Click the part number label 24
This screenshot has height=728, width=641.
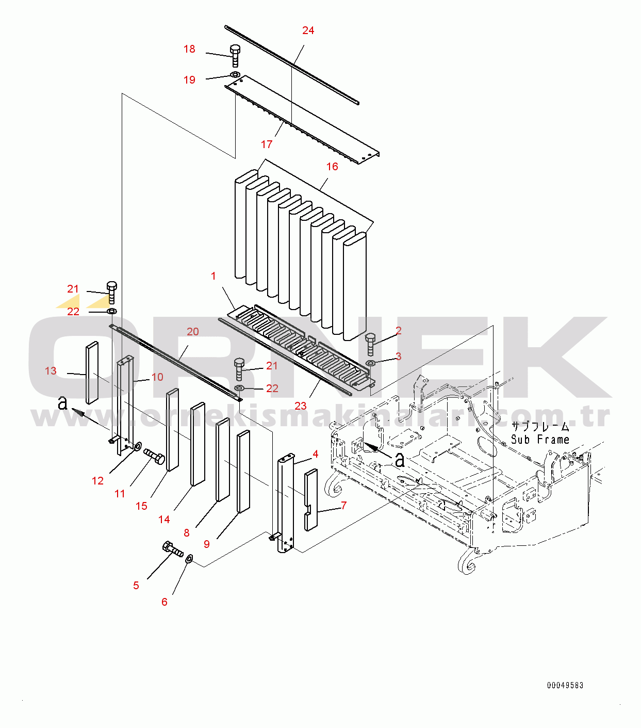coord(308,30)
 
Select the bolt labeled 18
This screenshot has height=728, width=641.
coord(235,55)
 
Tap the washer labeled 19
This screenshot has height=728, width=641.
coord(235,75)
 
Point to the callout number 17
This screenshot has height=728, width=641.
coord(267,144)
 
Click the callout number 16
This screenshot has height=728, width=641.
coord(332,166)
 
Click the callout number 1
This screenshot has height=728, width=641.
coord(213,276)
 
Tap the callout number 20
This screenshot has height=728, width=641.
coord(193,332)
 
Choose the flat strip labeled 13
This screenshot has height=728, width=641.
coord(92,373)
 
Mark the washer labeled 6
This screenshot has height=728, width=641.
coord(189,558)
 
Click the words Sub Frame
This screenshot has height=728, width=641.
coord(540,440)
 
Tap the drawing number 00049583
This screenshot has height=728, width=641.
coord(565,685)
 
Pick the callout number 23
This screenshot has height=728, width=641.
coord(301,406)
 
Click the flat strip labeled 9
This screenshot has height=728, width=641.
coord(243,472)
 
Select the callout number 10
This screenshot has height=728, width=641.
coord(157,377)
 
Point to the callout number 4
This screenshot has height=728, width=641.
coord(316,454)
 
